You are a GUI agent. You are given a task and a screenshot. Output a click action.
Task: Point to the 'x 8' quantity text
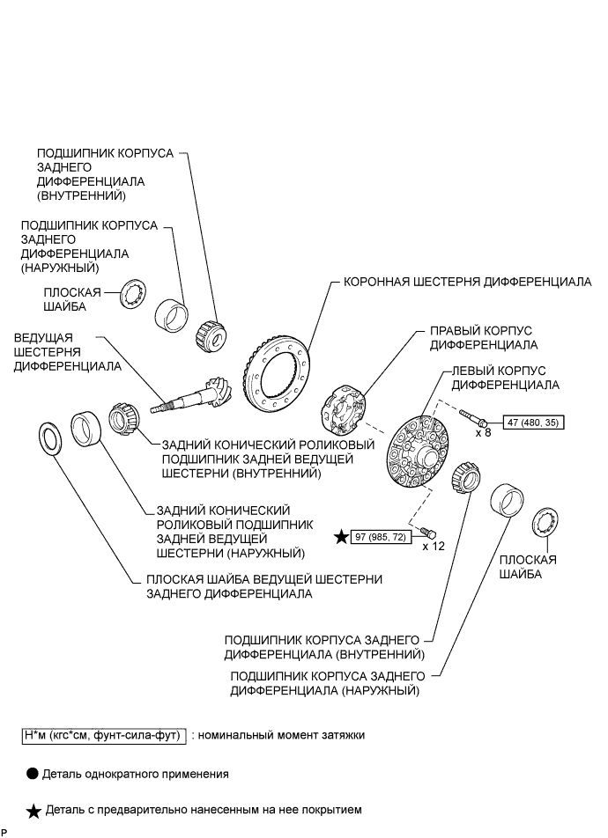click(x=483, y=434)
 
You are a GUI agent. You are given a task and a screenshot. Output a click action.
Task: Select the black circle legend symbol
click(x=33, y=775)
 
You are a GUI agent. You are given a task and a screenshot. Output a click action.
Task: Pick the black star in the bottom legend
click(x=34, y=810)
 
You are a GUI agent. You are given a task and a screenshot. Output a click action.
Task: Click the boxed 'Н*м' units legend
click(x=102, y=734)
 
